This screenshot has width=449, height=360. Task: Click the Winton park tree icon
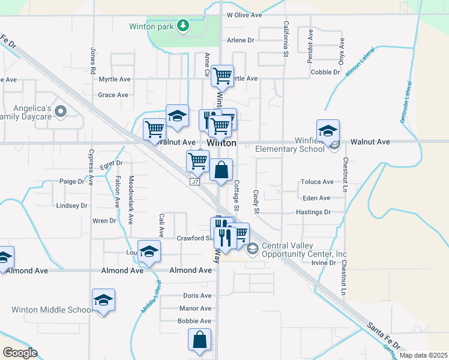click(183, 26)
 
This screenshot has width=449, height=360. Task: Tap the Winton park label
click(152, 26)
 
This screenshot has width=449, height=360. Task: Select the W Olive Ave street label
click(245, 14)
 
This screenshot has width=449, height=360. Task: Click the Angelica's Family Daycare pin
click(61, 111)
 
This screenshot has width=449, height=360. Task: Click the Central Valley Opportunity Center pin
click(253, 247)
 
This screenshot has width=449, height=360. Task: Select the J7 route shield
click(194, 182)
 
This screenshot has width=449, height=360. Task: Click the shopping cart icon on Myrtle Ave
click(223, 76)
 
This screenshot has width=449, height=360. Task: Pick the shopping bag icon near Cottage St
click(221, 170)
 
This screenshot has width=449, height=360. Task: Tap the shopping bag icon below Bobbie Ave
click(199, 340)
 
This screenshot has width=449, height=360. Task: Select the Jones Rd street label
click(93, 61)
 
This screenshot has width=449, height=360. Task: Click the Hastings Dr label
click(313, 212)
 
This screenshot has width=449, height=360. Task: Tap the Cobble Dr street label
click(325, 72)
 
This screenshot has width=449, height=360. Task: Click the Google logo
click(20, 353)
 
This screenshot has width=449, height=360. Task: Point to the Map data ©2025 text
click(423, 355)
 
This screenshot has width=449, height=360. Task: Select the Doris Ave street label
click(197, 296)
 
